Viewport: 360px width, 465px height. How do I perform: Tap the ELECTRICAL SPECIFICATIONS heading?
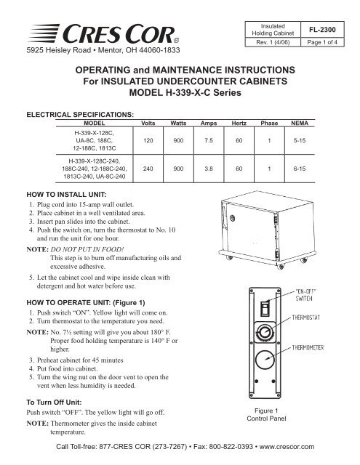pyautogui.click(x=80, y=115)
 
